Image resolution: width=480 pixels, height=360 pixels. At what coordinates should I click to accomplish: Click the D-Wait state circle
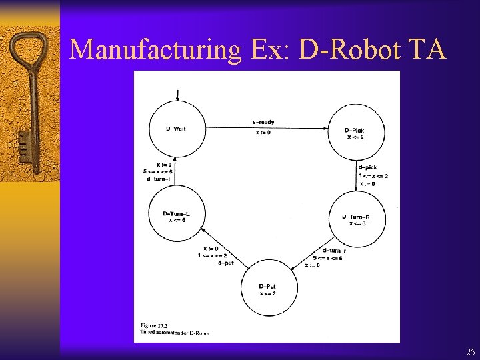tap(176, 128)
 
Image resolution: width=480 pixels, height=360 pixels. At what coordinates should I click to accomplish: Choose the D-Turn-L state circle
tap(176, 213)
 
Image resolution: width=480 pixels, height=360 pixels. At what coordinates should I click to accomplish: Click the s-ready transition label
tap(263, 123)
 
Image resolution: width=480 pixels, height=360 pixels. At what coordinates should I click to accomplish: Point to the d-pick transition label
tap(368, 167)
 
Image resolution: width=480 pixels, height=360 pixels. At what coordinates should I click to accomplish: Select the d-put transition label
tap(225, 263)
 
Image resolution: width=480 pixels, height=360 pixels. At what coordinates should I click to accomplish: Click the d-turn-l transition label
tap(161, 179)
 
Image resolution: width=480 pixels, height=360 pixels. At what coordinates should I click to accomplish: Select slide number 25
tap(471, 351)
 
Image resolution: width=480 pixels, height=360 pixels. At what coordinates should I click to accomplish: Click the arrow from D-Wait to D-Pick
tap(267, 128)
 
